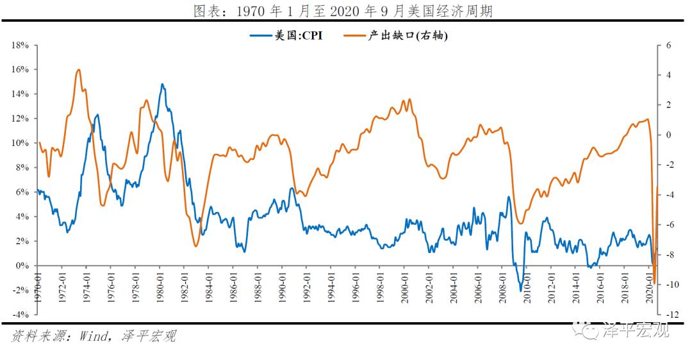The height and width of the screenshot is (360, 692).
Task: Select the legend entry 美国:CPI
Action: [x=286, y=36]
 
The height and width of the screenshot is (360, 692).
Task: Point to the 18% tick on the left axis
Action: [x=21, y=45]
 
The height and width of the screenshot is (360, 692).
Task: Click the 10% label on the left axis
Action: [x=21, y=143]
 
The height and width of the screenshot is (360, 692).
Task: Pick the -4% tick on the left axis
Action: [x=21, y=315]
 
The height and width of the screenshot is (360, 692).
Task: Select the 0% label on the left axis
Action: [x=23, y=265]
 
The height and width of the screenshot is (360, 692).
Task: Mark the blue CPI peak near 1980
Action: [x=162, y=84]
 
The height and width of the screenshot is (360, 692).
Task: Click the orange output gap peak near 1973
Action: [x=78, y=69]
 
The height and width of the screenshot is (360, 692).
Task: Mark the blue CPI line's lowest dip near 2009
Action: [x=521, y=291]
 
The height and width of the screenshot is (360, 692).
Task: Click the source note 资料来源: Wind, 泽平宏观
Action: [x=93, y=336]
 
